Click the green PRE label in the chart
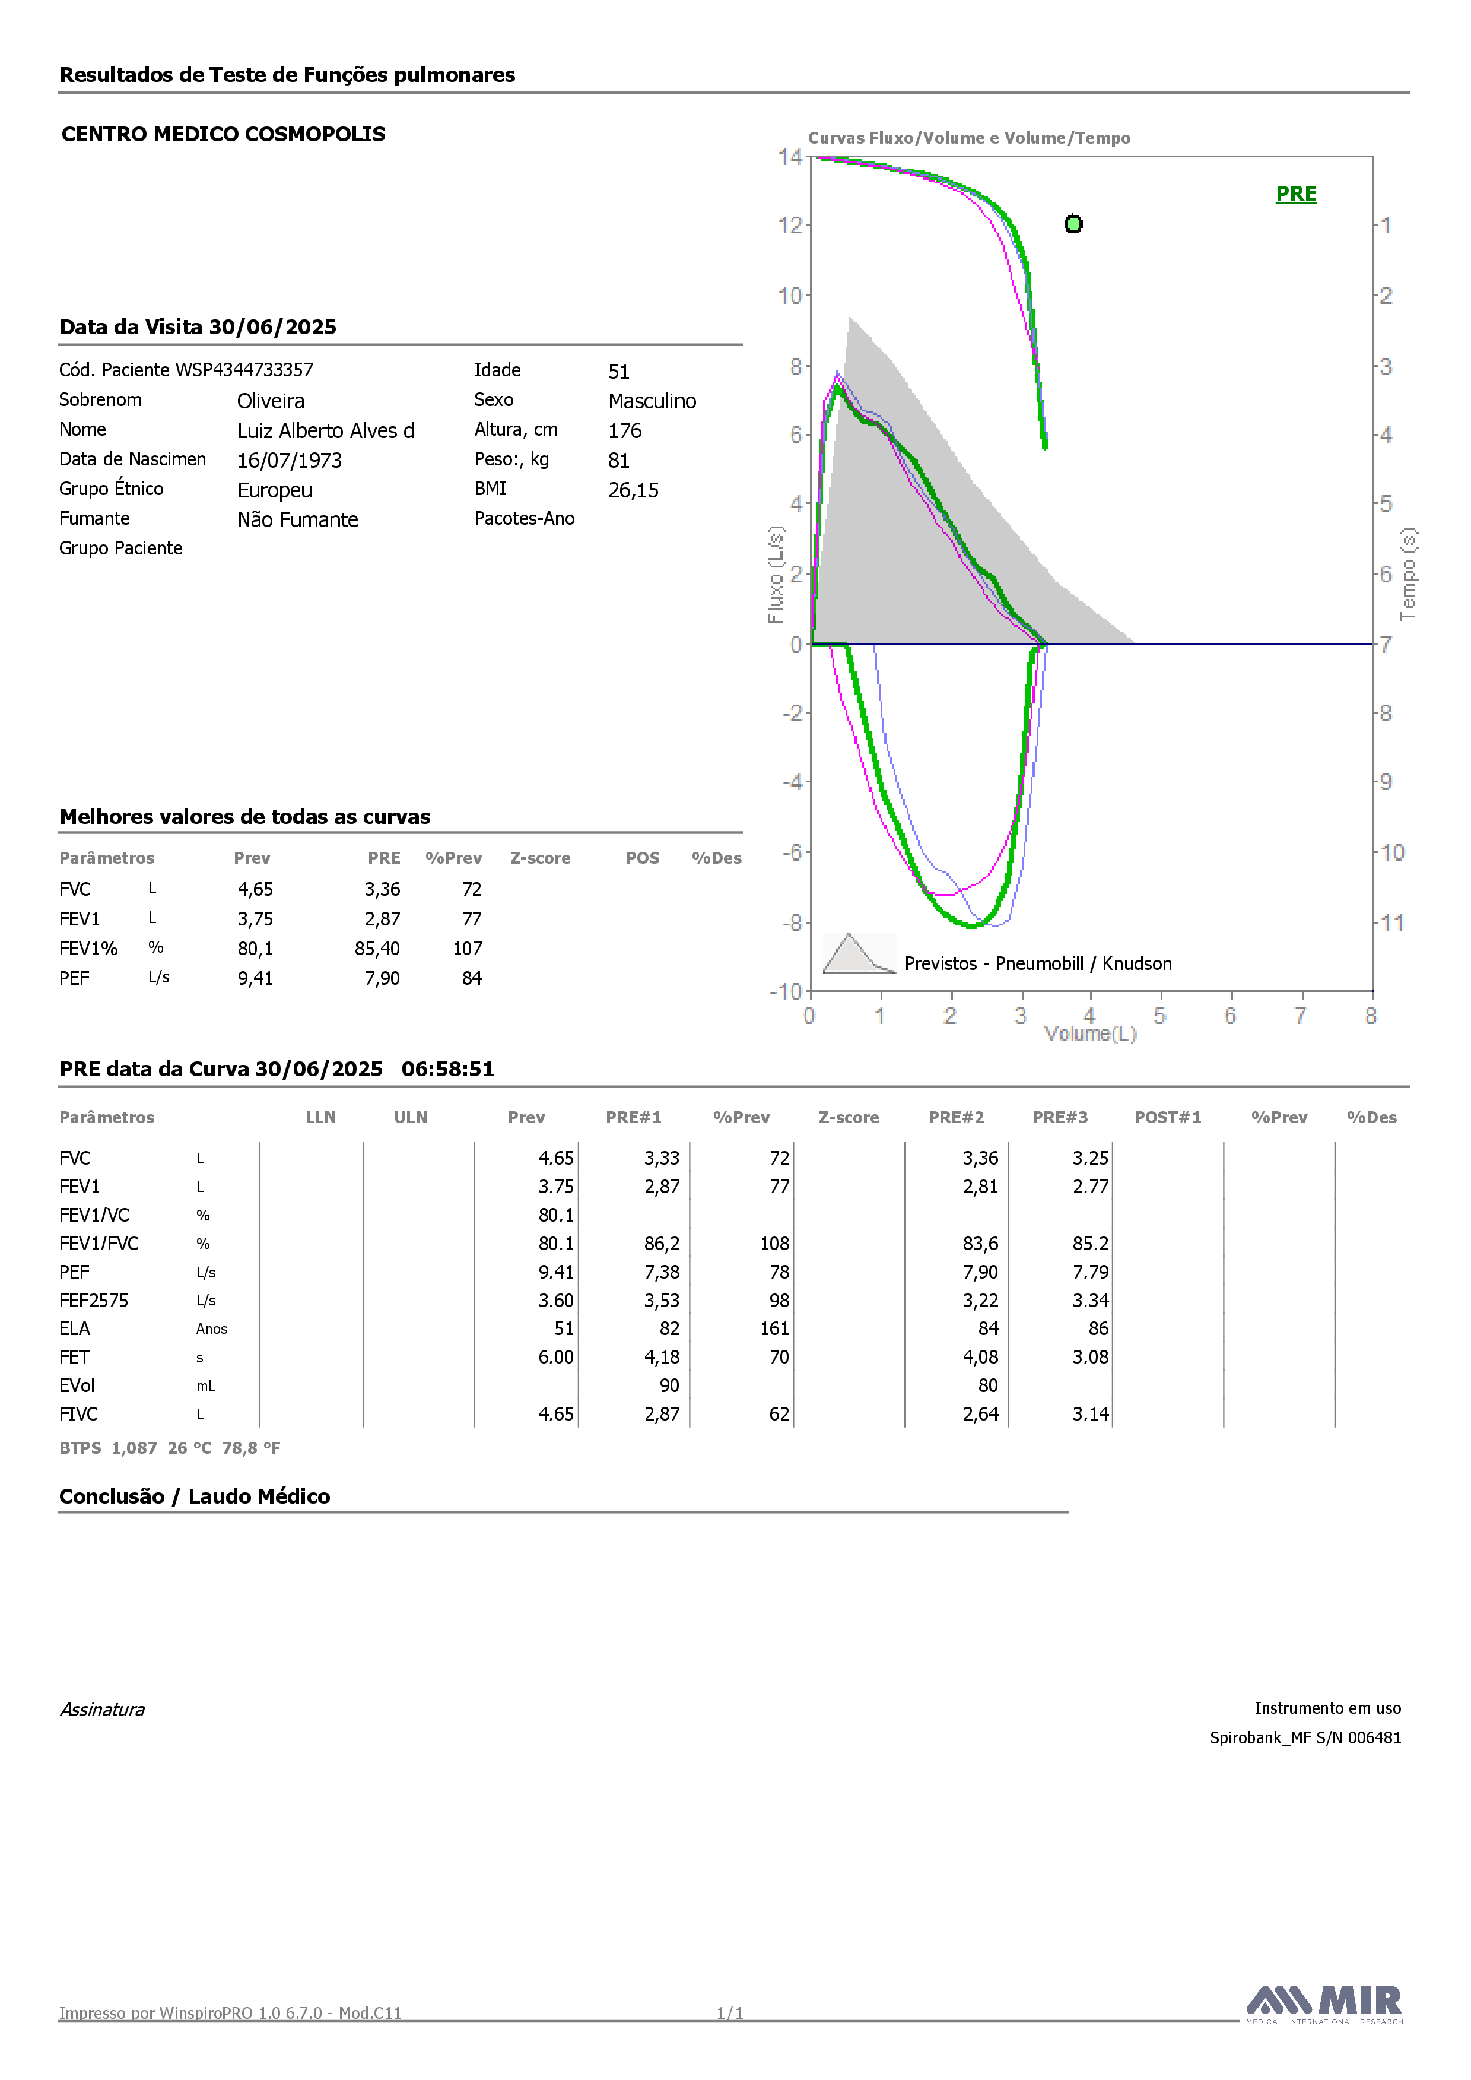click(1295, 194)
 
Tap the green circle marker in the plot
click(1073, 224)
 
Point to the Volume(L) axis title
click(1089, 1033)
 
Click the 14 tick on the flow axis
click(790, 157)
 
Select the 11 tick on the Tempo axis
click(1392, 922)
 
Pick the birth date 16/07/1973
click(290, 460)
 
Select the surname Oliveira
click(271, 401)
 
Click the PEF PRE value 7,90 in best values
click(382, 978)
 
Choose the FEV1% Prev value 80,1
click(255, 949)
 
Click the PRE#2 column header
click(955, 1117)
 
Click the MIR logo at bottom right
click(1324, 2003)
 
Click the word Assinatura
click(102, 1710)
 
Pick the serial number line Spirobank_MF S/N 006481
click(1305, 1737)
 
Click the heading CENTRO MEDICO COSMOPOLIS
click(224, 134)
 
